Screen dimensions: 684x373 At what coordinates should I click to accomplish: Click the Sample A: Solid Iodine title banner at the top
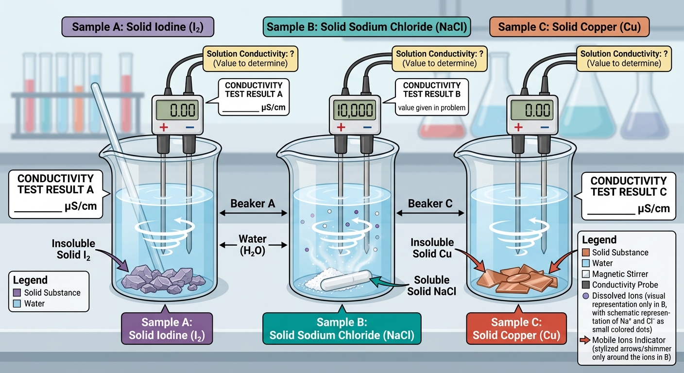137,27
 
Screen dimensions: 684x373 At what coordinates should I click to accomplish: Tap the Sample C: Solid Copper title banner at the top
569,27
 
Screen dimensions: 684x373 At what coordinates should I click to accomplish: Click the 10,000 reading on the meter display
355,110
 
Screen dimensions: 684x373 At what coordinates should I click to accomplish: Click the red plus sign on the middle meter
341,127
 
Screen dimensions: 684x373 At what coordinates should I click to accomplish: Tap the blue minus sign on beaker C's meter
545,127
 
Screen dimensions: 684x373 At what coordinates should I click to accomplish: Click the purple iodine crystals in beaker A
163,280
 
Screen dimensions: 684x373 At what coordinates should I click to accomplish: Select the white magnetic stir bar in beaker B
346,280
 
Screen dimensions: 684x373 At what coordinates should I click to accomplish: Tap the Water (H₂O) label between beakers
253,245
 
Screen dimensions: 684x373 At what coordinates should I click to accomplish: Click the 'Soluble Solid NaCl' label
431,286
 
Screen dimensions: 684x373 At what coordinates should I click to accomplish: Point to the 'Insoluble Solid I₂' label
73,249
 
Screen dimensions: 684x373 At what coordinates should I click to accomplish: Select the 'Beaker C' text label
430,203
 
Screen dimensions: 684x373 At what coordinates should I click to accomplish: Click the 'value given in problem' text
432,108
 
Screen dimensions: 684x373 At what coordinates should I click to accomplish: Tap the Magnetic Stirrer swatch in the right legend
586,274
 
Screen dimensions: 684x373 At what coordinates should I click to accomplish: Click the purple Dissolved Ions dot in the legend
586,296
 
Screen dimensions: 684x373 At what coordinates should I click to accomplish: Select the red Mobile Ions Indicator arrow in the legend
585,340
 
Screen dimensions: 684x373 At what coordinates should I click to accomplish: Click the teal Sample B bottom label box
342,328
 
